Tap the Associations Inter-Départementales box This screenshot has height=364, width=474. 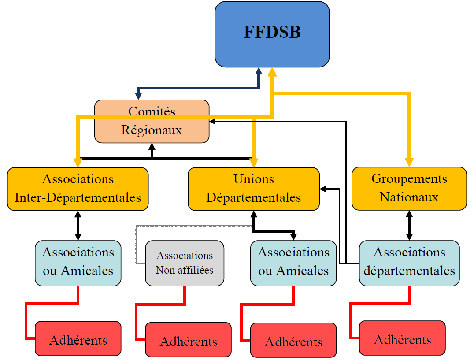tap(78, 188)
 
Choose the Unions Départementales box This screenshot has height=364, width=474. tap(253, 188)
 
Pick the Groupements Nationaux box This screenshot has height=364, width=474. tap(409, 188)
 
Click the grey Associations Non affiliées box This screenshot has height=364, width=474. tap(185, 263)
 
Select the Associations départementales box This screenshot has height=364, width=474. tap(409, 263)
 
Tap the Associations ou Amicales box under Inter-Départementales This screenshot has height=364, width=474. tap(78, 263)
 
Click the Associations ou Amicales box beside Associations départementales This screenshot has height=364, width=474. tap(293, 263)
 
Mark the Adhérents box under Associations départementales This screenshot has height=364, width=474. tap(402, 338)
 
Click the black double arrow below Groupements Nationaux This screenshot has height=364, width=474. tap(410, 225)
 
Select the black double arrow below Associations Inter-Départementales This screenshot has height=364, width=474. tap(78, 225)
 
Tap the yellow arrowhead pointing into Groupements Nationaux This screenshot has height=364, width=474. tap(410, 162)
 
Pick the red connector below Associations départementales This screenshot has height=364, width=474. tap(379, 303)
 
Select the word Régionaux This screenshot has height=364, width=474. tap(152, 130)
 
